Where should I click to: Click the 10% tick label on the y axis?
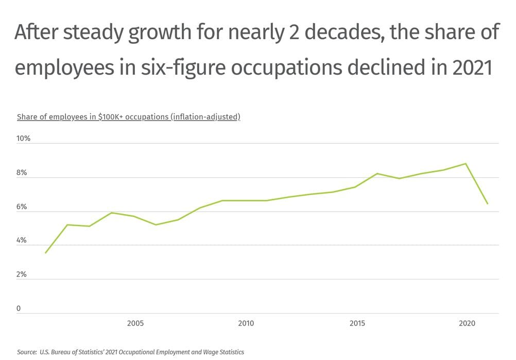tap(24, 139)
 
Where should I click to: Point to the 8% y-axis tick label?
tap(22, 173)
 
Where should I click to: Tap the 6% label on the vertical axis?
tap(22, 207)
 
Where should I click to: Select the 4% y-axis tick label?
tap(22, 241)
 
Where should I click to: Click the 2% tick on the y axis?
tap(22, 275)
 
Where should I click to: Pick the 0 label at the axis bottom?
tap(19, 309)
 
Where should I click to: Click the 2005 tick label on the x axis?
tap(135, 323)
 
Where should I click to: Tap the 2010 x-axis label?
tap(246, 323)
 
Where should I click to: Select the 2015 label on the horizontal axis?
tap(357, 323)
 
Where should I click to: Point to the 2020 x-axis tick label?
tap(467, 323)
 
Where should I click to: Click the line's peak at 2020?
tap(466, 164)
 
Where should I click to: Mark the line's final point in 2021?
tap(488, 204)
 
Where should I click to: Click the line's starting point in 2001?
tap(45, 253)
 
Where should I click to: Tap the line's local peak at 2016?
tap(377, 174)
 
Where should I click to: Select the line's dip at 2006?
tap(156, 225)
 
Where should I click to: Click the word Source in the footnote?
tap(27, 352)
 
